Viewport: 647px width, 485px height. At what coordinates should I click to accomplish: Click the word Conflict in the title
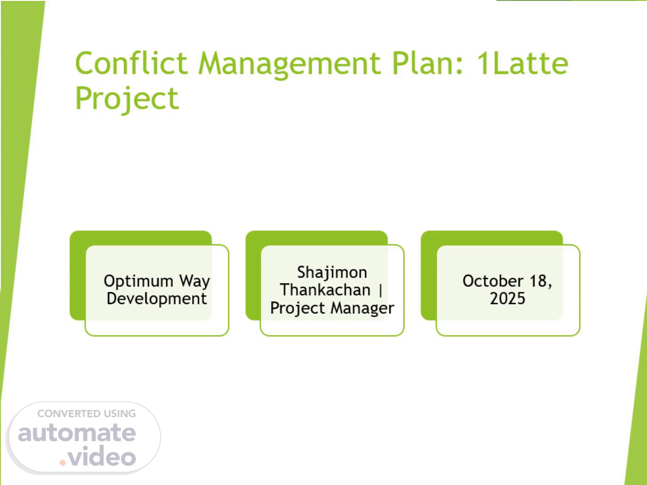pos(131,63)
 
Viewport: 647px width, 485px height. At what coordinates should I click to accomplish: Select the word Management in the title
pos(289,65)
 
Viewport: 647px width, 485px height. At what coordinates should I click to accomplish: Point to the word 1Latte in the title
pos(522,63)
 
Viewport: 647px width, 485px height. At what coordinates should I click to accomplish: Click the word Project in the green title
pos(127,99)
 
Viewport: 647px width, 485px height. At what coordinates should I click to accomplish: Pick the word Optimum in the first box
pos(138,281)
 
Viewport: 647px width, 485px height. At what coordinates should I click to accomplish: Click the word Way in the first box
pos(195,281)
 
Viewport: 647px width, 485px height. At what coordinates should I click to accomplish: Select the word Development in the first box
pos(156,299)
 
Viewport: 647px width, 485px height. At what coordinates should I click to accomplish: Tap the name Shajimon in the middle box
pos(332,273)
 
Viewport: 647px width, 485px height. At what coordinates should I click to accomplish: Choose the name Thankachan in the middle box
pos(325,290)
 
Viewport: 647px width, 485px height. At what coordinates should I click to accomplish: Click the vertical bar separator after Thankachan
pos(380,291)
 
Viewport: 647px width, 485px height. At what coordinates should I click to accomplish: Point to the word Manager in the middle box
pos(362,309)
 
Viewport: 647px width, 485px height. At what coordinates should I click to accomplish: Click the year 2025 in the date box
pos(507,299)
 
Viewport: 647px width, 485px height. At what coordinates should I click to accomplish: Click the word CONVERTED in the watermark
pos(68,414)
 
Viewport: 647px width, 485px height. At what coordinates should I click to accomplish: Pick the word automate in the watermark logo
pos(77,433)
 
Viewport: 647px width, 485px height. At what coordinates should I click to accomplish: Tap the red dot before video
pos(62,463)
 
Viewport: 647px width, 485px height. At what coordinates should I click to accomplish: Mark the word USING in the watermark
pos(120,414)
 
